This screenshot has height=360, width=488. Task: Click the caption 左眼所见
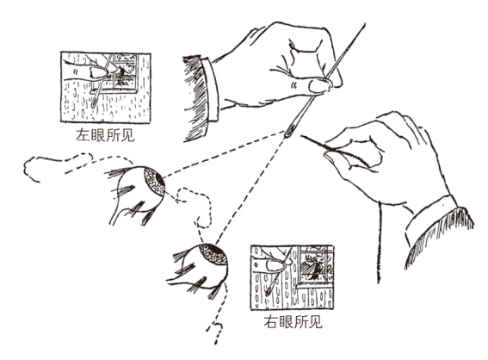[105, 135]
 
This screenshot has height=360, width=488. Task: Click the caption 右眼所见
[293, 321]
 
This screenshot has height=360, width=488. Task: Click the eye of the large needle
[289, 132]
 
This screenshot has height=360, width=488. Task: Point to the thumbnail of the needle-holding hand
[319, 85]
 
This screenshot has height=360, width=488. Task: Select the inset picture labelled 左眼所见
[106, 88]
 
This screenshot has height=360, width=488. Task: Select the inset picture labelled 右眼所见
[292, 277]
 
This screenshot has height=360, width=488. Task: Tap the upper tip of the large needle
[365, 23]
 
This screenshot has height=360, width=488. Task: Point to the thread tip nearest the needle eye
[301, 136]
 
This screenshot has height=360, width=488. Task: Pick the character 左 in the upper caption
[83, 135]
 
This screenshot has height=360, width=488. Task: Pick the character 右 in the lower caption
[271, 321]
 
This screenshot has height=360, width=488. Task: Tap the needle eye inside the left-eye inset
[94, 102]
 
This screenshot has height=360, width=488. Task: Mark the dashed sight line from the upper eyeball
[224, 155]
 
